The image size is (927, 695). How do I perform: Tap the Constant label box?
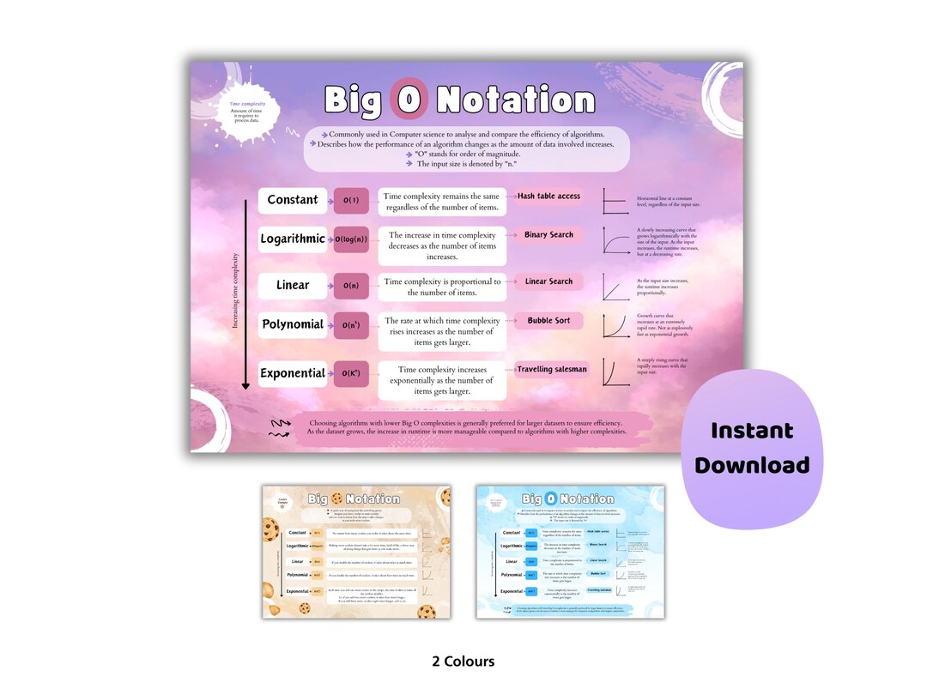[293, 200]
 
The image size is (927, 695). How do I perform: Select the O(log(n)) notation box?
[350, 239]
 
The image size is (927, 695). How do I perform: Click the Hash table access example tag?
[548, 196]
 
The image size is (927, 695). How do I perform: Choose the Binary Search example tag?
[548, 235]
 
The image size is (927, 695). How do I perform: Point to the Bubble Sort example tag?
[548, 321]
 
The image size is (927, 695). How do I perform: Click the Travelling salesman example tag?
[552, 369]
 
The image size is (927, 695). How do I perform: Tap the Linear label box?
[293, 285]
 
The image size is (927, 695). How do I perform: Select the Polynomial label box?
[293, 324]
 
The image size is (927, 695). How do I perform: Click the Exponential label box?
[293, 373]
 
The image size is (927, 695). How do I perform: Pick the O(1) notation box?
[350, 201]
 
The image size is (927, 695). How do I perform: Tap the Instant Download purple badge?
[751, 448]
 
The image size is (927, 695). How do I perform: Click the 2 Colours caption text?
[463, 662]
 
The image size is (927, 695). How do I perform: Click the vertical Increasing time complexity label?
[236, 290]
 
